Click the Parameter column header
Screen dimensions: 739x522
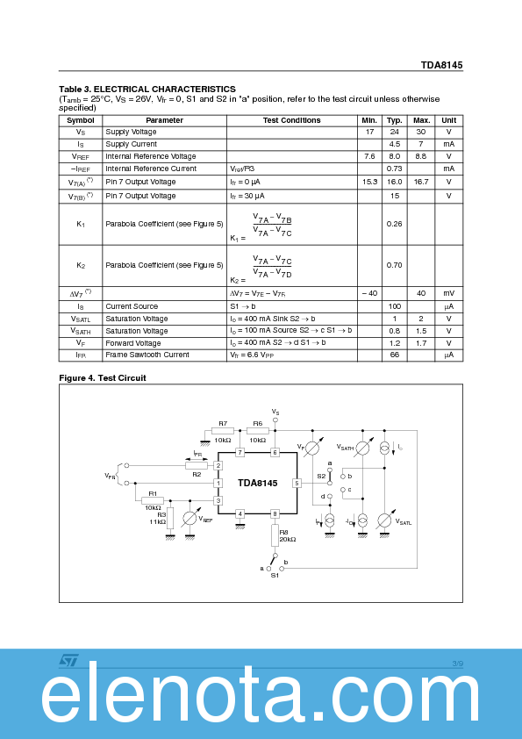coord(164,120)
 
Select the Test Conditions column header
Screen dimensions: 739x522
coord(291,120)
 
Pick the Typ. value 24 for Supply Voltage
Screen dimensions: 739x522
coord(395,132)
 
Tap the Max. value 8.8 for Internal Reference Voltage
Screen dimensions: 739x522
coord(421,156)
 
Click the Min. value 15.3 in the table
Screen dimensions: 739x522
coord(369,182)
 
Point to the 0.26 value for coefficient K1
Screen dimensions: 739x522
coord(395,224)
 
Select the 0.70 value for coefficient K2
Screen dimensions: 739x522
coord(395,264)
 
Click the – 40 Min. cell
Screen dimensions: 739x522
coord(369,293)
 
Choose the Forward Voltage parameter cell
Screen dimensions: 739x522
coord(133,343)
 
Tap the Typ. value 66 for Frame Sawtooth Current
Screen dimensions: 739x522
coord(395,355)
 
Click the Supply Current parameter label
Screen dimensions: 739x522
coord(132,144)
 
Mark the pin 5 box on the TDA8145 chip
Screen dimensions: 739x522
coord(297,484)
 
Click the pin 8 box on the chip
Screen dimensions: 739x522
coord(275,513)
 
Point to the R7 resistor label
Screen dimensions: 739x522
coord(223,423)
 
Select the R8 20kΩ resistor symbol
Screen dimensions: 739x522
coord(275,532)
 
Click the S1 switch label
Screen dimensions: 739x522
coord(275,576)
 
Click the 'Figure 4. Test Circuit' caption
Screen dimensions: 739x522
coord(103,378)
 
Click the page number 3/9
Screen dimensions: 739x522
coord(457,664)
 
